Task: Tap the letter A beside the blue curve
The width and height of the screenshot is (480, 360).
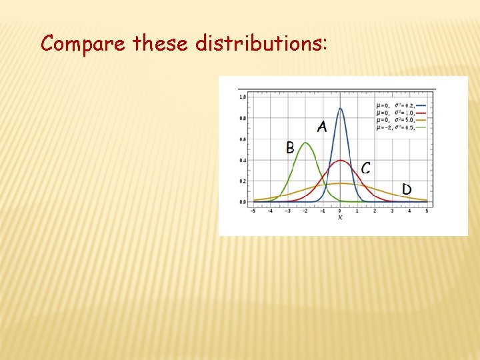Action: coord(322,127)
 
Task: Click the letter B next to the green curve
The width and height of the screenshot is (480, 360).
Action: coord(290,147)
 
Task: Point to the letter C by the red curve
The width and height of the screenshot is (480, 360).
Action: coord(365,168)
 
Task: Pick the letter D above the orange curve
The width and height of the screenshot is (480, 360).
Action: coord(407,189)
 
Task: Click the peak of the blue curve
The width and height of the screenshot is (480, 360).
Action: coord(340,109)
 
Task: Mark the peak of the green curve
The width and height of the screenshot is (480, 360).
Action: coord(305,143)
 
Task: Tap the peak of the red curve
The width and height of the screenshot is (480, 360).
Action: coord(340,160)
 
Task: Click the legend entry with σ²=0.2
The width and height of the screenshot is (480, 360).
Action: coord(400,105)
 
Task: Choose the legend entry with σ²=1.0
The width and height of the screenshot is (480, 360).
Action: coord(400,113)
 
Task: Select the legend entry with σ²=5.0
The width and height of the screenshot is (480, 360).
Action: coord(400,120)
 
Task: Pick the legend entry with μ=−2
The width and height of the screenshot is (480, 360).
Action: coord(400,127)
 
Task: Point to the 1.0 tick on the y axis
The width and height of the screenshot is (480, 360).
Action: coord(243,97)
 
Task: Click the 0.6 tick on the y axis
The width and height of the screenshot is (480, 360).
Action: coord(243,139)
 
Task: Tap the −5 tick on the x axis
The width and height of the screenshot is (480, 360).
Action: coord(253,211)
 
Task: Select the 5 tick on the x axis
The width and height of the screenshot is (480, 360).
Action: coord(427,211)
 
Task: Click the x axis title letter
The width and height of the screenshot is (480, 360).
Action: coord(340,218)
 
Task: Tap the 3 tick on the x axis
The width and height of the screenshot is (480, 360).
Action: coord(392,211)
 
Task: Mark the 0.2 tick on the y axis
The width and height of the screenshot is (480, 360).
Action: coord(243,181)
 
